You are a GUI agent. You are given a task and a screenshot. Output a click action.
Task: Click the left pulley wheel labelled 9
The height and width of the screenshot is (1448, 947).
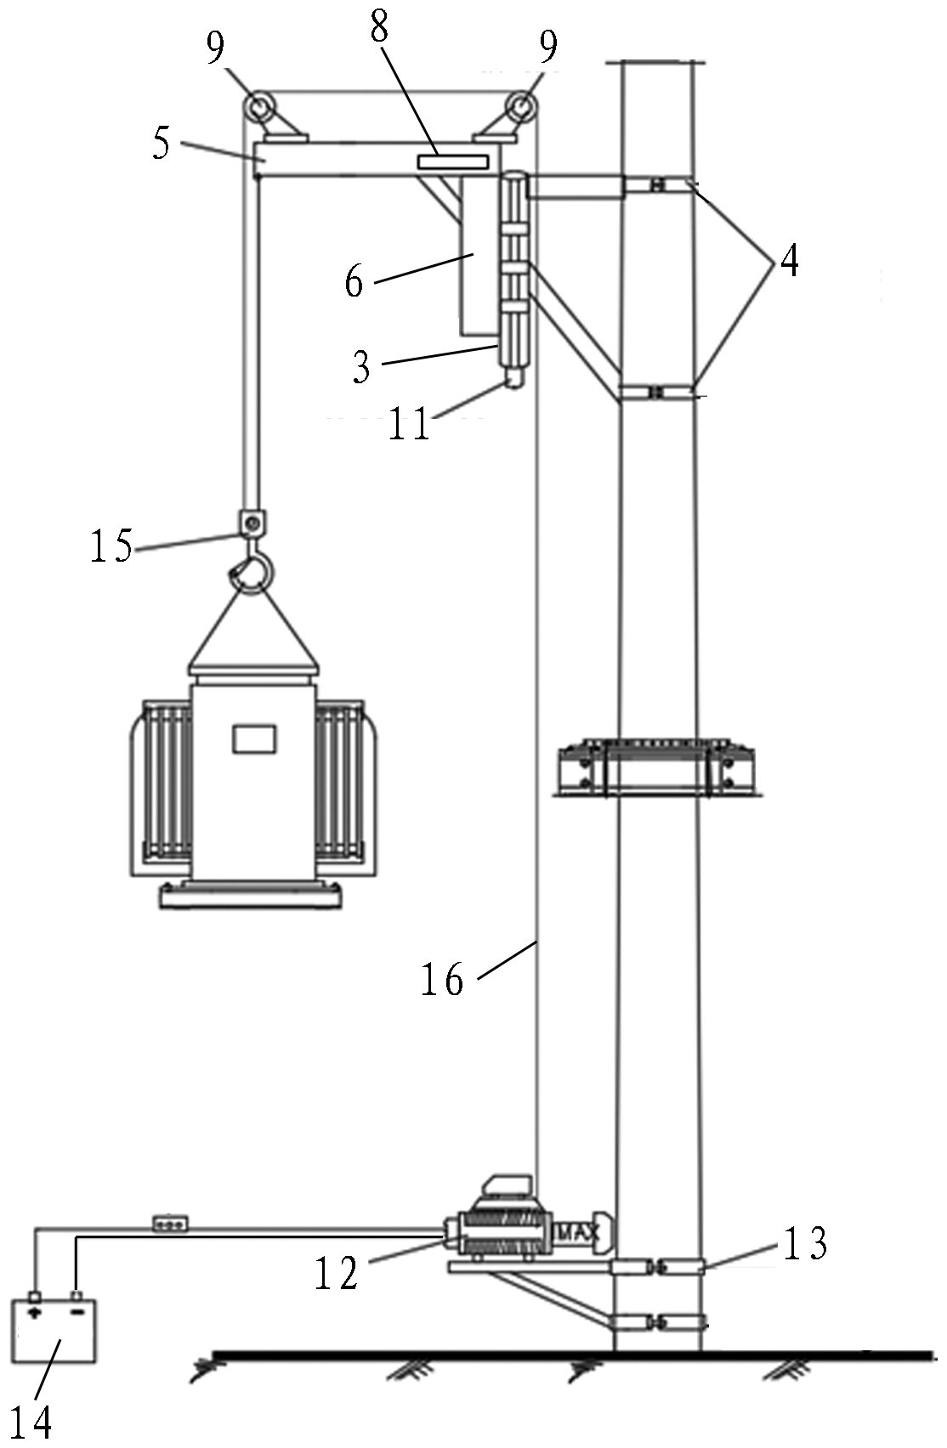(x=258, y=105)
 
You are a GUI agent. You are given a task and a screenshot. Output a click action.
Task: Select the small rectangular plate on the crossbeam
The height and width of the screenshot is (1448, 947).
(x=451, y=161)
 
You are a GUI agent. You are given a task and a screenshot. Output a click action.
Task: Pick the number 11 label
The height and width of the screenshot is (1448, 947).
(x=409, y=423)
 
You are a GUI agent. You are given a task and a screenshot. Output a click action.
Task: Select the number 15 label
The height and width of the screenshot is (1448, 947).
(x=111, y=545)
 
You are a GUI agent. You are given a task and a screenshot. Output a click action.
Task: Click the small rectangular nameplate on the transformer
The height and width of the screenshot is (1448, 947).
(x=254, y=738)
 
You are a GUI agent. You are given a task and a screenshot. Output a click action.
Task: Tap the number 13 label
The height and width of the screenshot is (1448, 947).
(x=805, y=1242)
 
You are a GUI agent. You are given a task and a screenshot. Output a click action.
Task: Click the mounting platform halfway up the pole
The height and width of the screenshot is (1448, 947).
(x=655, y=767)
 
